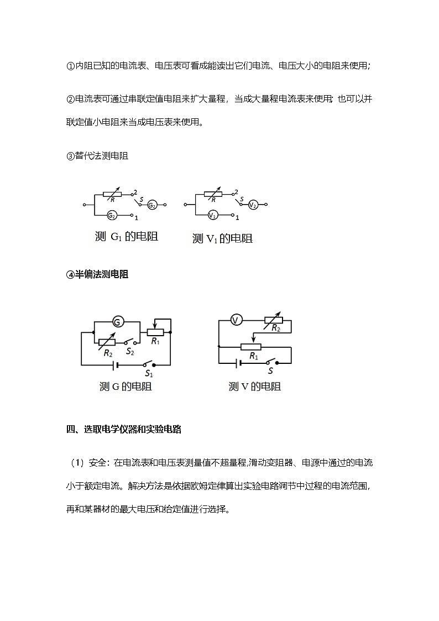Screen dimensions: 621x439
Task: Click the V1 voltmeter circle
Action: click(x=213, y=215)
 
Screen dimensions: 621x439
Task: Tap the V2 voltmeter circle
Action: click(x=253, y=205)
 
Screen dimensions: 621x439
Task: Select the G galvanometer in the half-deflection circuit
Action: click(x=117, y=321)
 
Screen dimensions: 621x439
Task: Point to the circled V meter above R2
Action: click(x=236, y=320)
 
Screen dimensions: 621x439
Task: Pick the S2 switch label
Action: click(x=129, y=351)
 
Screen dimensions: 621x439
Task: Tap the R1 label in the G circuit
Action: click(x=155, y=341)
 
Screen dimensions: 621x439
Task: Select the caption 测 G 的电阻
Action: click(x=126, y=387)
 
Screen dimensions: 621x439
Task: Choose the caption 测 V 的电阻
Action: click(x=255, y=387)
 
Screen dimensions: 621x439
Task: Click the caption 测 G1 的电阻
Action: click(x=127, y=237)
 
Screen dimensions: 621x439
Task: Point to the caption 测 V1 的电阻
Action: click(x=222, y=238)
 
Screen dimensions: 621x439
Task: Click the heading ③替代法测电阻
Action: click(x=97, y=156)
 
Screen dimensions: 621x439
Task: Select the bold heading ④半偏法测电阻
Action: click(x=97, y=274)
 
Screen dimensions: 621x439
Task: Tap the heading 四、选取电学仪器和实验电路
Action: click(x=124, y=429)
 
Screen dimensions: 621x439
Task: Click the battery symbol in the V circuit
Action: click(x=239, y=363)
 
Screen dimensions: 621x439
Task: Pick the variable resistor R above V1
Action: click(x=212, y=194)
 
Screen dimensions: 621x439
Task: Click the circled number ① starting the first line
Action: click(x=70, y=66)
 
